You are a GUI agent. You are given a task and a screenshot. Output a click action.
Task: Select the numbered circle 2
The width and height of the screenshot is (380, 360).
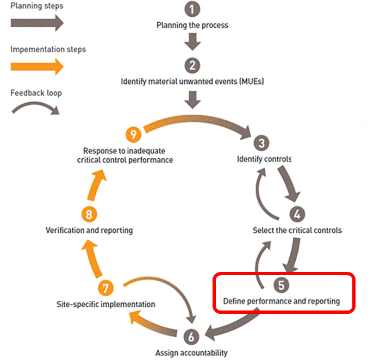192,66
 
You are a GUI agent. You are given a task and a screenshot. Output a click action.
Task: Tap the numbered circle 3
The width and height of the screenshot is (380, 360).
261,144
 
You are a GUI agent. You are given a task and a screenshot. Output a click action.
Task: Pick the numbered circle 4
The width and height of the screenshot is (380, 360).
297,214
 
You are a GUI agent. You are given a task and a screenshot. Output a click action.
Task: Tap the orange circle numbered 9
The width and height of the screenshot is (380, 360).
133,134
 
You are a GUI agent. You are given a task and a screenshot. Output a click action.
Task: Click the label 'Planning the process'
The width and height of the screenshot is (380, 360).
192,25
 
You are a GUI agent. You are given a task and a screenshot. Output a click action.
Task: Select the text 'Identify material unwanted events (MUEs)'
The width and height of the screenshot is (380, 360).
192,82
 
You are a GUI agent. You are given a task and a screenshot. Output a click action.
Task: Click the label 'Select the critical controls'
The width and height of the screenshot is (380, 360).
297,230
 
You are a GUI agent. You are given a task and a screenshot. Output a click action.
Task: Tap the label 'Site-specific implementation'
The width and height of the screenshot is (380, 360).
107,304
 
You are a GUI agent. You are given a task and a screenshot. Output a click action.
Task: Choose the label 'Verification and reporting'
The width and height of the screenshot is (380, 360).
89,230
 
